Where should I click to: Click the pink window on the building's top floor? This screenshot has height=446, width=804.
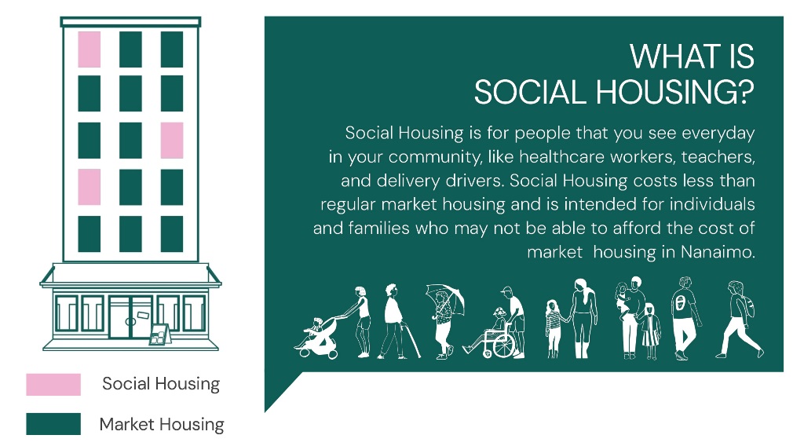tap(90, 49)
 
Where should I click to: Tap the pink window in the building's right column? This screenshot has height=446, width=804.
tap(172, 140)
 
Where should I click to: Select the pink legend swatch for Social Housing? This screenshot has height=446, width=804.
tap(53, 384)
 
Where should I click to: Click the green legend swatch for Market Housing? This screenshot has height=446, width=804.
tap(53, 424)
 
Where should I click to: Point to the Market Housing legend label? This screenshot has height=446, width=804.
tap(162, 425)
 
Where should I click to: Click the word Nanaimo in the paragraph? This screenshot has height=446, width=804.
tap(718, 252)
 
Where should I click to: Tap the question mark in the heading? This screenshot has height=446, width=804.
tap(746, 93)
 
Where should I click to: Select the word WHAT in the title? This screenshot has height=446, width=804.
tap(673, 56)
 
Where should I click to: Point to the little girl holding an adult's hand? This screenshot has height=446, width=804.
tap(554, 328)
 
